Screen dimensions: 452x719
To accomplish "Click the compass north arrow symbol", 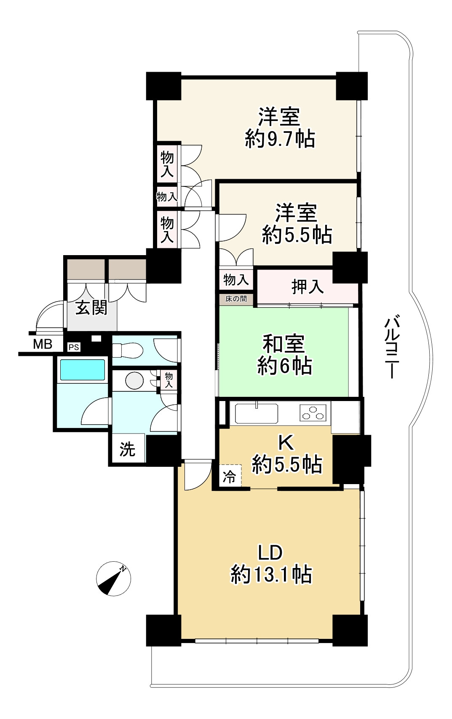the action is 113,579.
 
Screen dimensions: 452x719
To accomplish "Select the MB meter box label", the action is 43,345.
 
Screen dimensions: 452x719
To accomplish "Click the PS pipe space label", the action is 74,347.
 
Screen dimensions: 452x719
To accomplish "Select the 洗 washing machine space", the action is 127,449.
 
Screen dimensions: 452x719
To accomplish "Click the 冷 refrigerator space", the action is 230,477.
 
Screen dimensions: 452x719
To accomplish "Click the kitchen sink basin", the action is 257,413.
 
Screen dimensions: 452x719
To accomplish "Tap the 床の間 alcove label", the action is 236,299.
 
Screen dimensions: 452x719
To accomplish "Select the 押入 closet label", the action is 308,287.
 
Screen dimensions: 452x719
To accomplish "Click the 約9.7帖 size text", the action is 280,139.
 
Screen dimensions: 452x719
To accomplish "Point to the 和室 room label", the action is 284,343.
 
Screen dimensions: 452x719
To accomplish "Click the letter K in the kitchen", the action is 286,443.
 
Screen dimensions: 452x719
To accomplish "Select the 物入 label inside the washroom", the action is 168,380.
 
